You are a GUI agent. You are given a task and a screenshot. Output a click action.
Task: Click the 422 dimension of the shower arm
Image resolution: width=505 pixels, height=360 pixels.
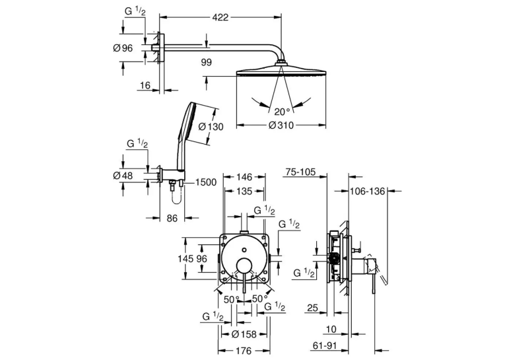click(x=220, y=17)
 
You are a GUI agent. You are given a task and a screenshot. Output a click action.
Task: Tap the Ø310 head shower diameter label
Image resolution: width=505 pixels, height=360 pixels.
click(x=281, y=125)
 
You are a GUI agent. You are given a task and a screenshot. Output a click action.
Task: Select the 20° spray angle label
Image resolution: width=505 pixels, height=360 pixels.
click(x=282, y=112)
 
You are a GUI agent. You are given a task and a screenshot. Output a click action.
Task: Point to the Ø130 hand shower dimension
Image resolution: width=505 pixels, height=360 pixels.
click(x=211, y=127)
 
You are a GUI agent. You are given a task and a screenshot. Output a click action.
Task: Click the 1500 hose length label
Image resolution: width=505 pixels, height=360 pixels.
click(x=206, y=182)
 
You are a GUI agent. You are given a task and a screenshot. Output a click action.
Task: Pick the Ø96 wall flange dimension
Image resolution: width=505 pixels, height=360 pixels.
click(x=123, y=48)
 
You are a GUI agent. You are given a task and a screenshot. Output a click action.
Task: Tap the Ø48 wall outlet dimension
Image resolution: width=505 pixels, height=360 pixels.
click(x=123, y=176)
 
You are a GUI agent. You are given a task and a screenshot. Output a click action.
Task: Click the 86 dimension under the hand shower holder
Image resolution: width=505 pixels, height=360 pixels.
click(x=172, y=219)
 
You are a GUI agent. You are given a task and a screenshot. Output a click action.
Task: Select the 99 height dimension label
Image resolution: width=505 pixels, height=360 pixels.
click(x=206, y=63)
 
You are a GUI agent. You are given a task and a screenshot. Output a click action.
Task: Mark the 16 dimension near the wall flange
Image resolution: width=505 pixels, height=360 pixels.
click(x=145, y=85)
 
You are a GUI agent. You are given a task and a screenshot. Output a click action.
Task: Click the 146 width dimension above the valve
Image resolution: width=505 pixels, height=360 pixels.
click(x=244, y=177)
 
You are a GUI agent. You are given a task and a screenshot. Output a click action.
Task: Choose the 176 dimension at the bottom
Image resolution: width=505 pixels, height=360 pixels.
click(x=244, y=350)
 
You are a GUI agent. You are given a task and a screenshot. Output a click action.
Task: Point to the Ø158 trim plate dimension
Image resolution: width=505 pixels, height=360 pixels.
click(x=244, y=334)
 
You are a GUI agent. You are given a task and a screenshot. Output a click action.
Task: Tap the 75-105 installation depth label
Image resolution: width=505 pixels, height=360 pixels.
click(x=300, y=172)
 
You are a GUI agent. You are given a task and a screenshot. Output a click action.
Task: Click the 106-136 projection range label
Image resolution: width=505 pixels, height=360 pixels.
click(x=368, y=192)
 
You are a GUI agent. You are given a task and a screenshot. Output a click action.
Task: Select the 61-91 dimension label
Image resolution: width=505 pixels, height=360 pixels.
click(x=325, y=346)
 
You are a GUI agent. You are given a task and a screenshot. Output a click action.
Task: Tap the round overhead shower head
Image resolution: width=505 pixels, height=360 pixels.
click(x=281, y=70)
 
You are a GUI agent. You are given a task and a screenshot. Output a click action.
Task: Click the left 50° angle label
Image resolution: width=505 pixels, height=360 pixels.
click(x=232, y=299)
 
